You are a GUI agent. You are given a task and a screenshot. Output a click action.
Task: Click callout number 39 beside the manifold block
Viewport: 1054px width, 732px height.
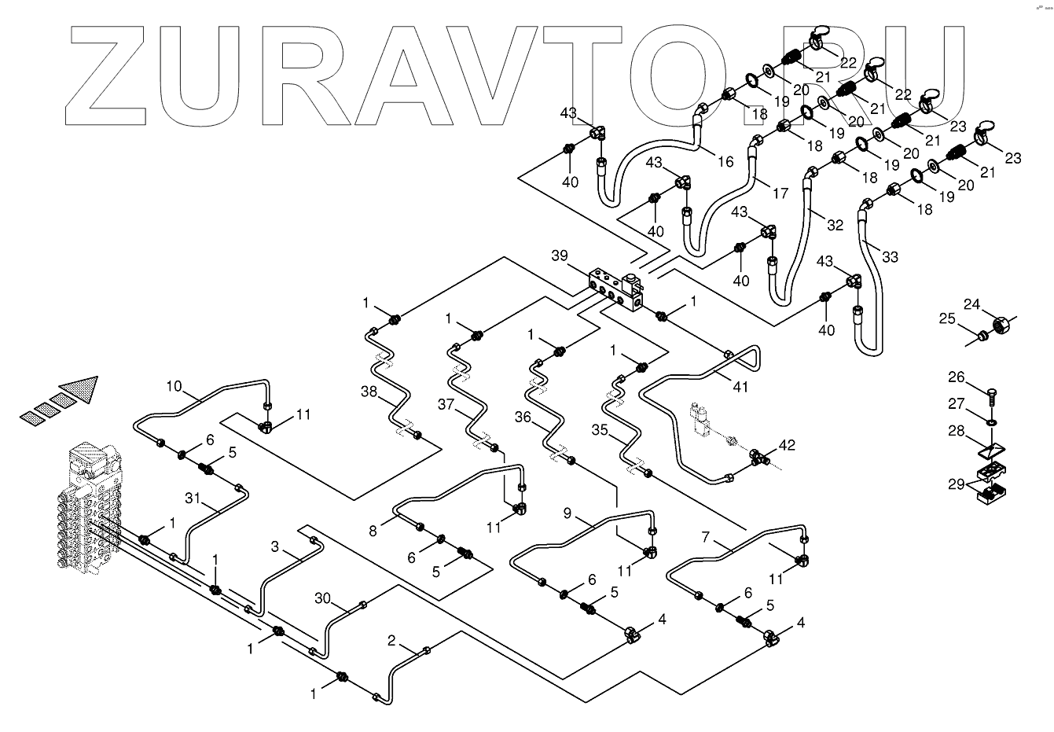coord(559,257)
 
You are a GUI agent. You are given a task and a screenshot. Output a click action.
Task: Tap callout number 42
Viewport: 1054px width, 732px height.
coord(786,446)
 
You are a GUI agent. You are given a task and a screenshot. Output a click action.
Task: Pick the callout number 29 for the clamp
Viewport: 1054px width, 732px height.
coord(955,484)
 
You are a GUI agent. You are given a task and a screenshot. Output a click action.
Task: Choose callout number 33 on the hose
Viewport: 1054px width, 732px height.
coord(889,257)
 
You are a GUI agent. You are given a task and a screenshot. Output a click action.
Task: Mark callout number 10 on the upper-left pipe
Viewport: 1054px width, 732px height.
coord(174,385)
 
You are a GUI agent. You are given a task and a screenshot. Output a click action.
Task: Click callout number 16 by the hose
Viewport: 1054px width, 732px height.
coord(725,161)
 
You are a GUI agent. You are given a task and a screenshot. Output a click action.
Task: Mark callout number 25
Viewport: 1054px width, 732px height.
coord(947,318)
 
